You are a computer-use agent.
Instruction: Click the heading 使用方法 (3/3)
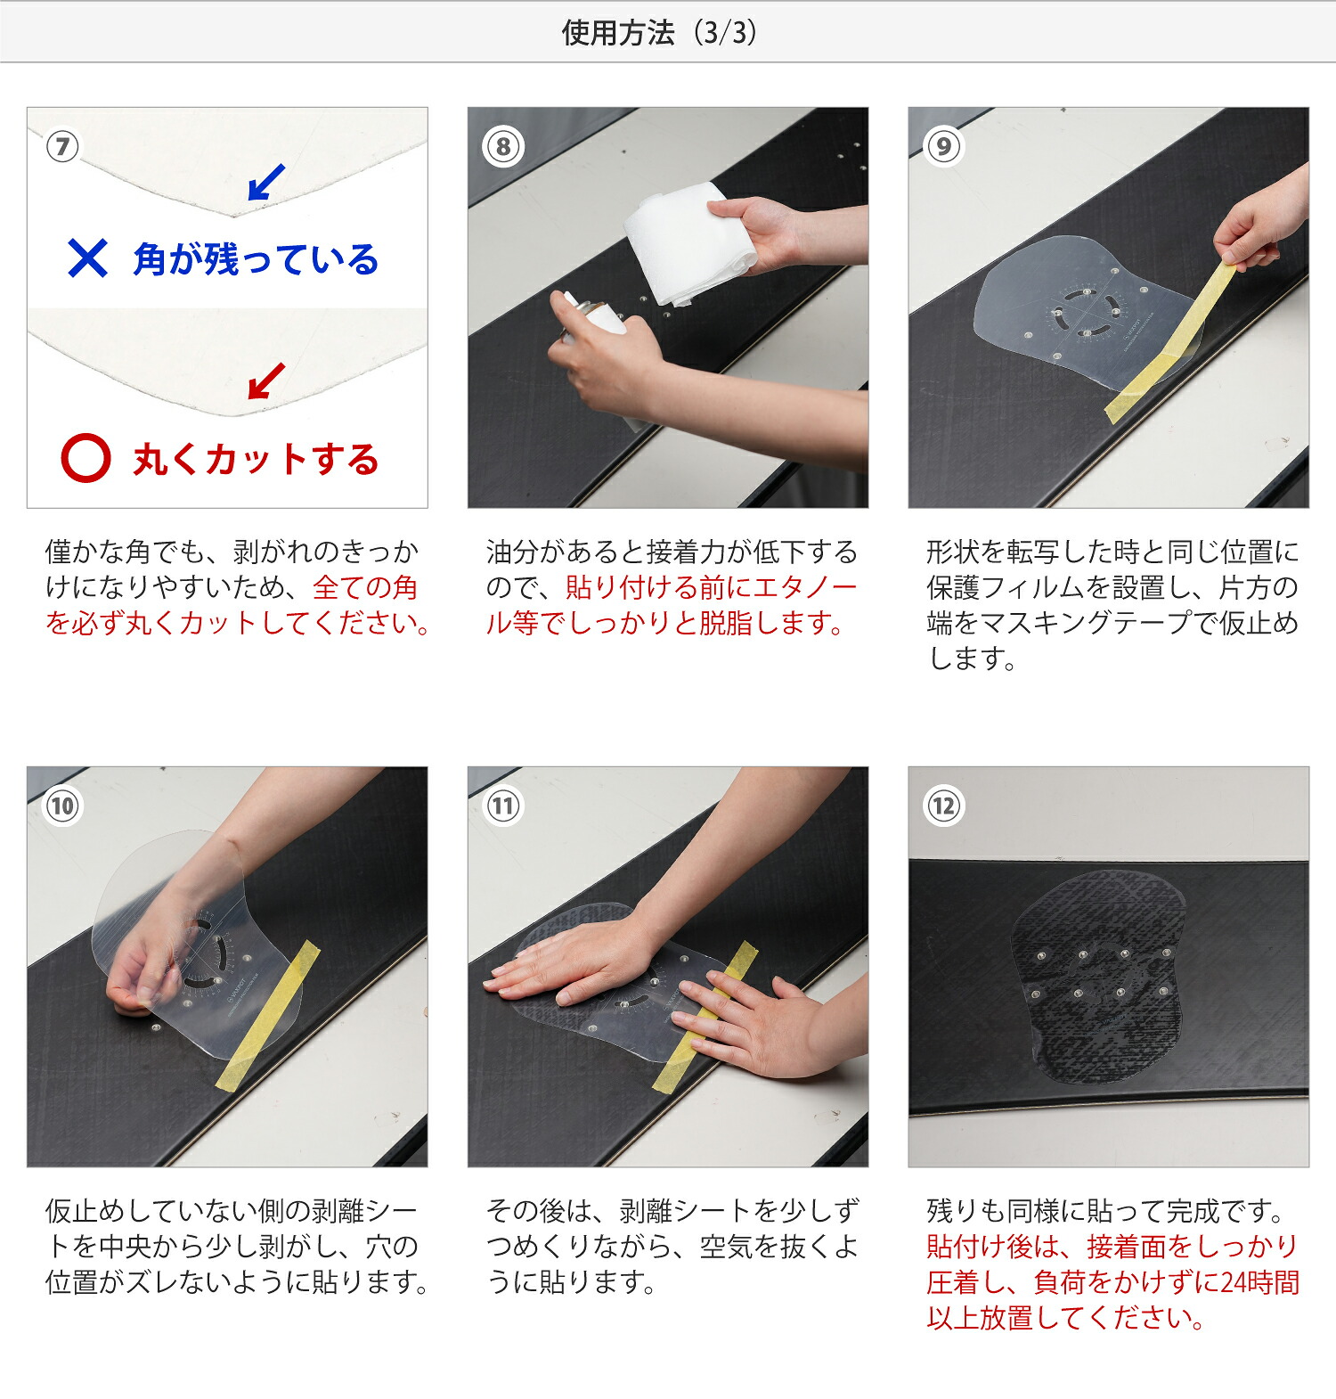tap(659, 33)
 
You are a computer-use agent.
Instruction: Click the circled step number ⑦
tap(62, 146)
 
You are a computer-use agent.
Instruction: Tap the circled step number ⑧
tap(503, 146)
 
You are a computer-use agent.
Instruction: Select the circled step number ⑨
tap(944, 146)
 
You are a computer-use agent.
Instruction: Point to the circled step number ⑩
tap(62, 806)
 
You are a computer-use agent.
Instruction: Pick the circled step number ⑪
tap(503, 806)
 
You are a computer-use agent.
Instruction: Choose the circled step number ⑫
tap(944, 806)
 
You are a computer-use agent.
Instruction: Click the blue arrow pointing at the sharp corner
tap(265, 183)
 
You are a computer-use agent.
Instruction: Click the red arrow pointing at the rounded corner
tap(265, 381)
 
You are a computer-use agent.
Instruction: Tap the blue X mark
tap(87, 258)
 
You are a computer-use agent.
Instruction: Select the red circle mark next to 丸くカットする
tap(86, 458)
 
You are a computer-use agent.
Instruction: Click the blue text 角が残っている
tap(256, 259)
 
